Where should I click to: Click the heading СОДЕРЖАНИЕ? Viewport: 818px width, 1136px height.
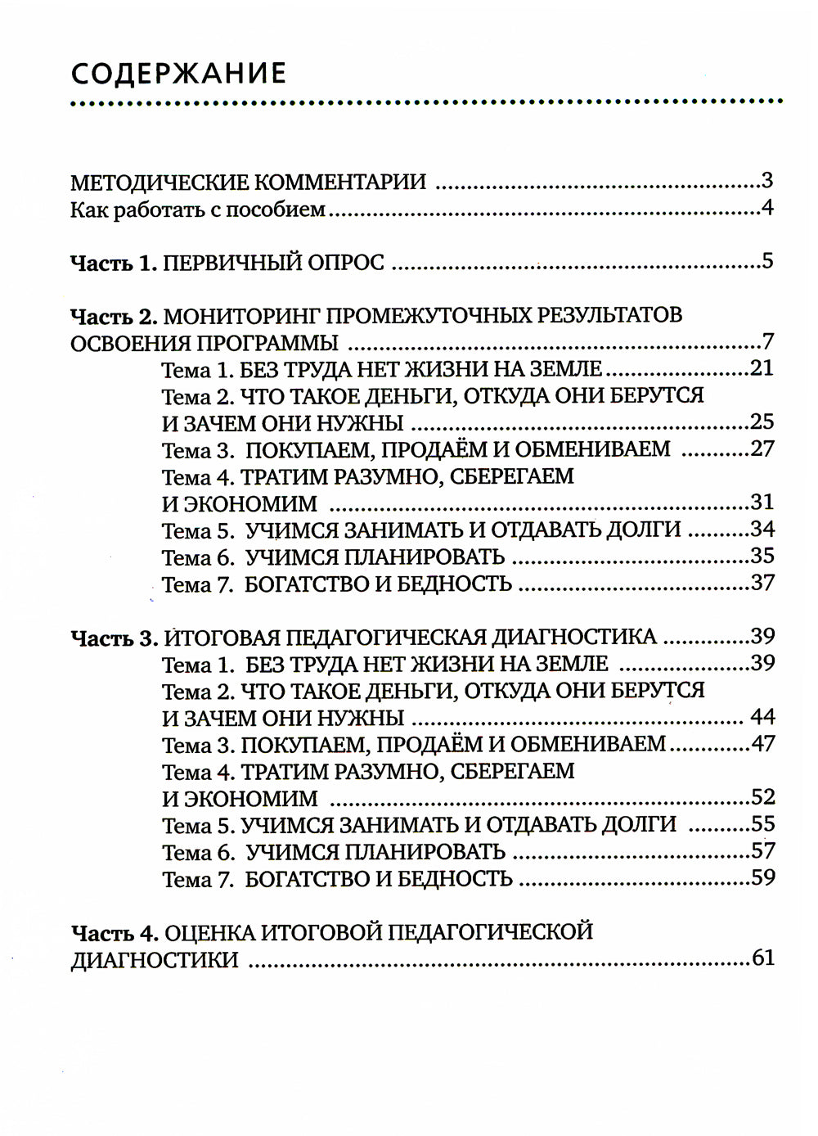tap(178, 73)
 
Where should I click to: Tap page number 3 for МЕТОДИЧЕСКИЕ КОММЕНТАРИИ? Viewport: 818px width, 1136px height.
tap(766, 181)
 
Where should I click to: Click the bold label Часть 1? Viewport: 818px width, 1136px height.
tap(113, 263)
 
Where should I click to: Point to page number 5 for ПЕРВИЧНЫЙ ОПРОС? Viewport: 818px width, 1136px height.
tap(766, 262)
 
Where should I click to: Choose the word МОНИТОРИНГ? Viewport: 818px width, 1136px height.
tap(238, 315)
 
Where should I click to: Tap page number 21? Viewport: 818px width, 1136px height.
tap(762, 368)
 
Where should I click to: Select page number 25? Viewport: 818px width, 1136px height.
tap(762, 422)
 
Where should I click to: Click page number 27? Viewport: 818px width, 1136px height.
tap(762, 449)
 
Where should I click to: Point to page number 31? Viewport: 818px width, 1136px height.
tap(762, 502)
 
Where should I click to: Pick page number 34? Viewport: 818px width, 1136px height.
tap(762, 529)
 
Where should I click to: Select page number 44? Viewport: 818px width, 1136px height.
tap(762, 718)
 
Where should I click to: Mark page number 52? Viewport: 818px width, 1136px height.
tap(762, 797)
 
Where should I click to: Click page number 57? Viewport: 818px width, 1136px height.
tap(762, 851)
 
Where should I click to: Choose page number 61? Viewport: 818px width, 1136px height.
tap(762, 958)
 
